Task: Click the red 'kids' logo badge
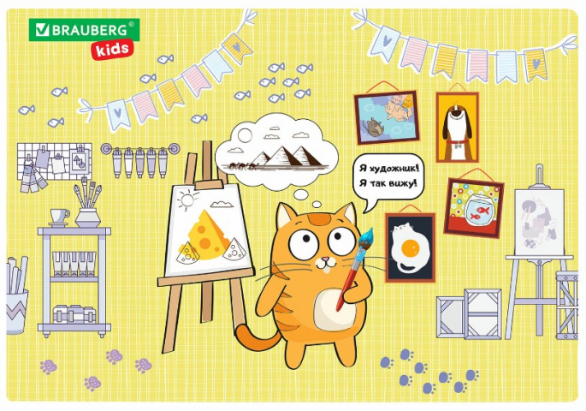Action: point(112,50)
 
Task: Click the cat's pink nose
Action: point(326,259)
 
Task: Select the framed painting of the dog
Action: point(458,127)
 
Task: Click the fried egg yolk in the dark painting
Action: point(411,248)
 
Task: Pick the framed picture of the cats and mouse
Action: point(387,117)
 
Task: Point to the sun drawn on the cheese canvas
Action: point(186,200)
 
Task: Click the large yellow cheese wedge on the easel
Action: point(207,235)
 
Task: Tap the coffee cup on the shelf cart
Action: point(59,216)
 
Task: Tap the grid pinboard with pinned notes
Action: point(55,161)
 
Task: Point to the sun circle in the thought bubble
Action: point(245,135)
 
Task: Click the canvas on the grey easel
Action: point(539,222)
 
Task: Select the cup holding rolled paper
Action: point(16,311)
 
